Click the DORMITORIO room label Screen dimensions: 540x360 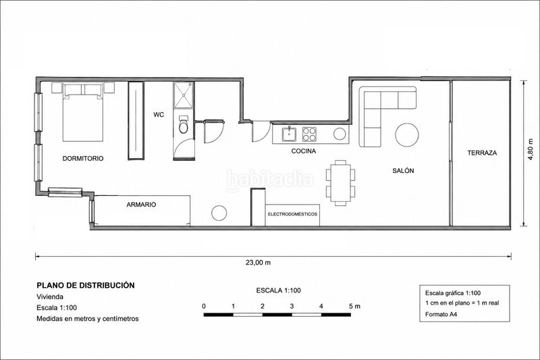pos(82,159)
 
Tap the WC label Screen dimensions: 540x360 pos(159,115)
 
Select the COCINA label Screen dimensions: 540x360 pos(303,151)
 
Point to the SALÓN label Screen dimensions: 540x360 pos(403,170)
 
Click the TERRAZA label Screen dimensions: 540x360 pos(482,153)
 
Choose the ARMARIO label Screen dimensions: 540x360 pos(141,205)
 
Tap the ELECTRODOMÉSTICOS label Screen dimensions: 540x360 pos(292,214)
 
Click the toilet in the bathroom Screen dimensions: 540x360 pos(184,125)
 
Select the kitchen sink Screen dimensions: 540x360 pos(290,134)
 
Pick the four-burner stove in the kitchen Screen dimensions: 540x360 pos(309,134)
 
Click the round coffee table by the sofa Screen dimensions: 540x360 pos(407,135)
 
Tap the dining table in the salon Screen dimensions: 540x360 pos(340,182)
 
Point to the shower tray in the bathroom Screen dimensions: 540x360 pos(184,95)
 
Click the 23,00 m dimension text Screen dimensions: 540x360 pos(258,263)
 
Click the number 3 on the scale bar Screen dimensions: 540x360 pos(292,306)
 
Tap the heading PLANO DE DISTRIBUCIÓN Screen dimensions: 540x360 pos(86,285)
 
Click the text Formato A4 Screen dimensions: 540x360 pos(441,314)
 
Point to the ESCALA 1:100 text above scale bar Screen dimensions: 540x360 pos(278,290)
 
